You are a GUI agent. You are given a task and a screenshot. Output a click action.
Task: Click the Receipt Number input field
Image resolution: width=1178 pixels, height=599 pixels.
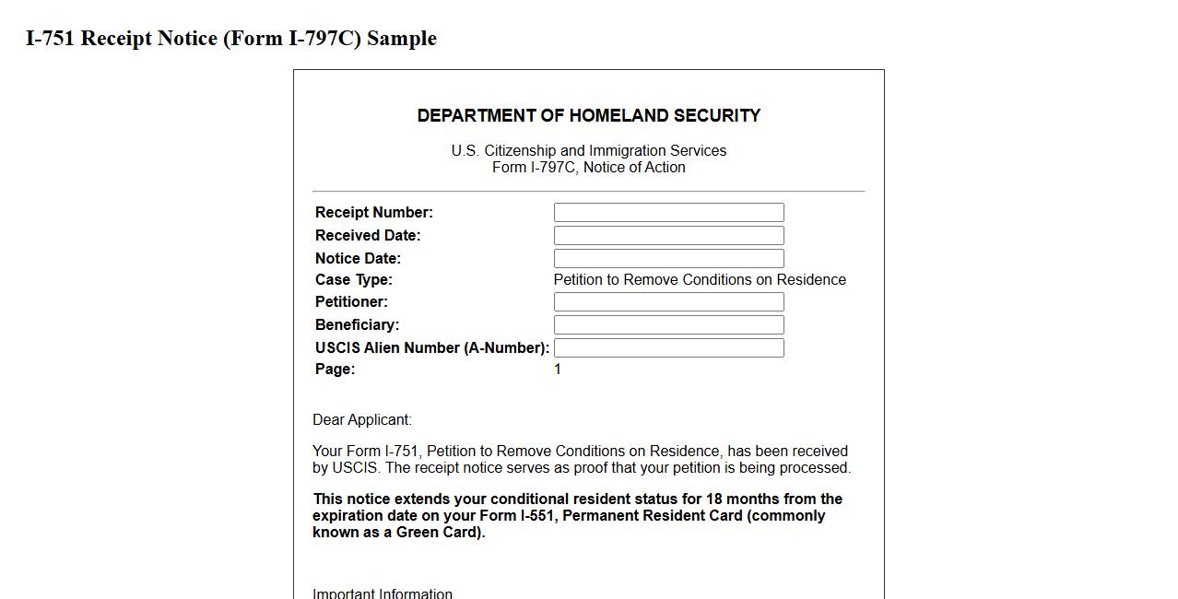coord(668,213)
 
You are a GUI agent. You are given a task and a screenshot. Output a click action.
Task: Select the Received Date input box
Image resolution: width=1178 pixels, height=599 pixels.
coord(668,236)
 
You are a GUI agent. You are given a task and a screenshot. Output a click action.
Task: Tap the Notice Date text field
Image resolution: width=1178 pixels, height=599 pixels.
coord(668,259)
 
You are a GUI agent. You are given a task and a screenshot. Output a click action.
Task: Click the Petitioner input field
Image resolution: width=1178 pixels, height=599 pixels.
coord(668,302)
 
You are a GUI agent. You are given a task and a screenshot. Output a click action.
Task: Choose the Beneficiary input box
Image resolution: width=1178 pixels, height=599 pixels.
coord(668,325)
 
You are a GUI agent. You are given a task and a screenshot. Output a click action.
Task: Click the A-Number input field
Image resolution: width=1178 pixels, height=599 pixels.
coord(668,348)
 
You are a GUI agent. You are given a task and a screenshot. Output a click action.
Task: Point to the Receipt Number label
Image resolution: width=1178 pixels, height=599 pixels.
coord(373,213)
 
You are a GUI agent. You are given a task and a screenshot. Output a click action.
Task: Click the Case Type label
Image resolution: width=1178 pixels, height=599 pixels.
coord(353,280)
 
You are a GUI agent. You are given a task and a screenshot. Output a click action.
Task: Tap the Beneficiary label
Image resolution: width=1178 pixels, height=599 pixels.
coord(357,325)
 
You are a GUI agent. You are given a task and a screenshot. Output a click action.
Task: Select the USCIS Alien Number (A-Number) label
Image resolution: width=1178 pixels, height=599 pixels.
coord(431,348)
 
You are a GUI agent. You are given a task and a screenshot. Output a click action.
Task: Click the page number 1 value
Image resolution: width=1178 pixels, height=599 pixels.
coord(558,370)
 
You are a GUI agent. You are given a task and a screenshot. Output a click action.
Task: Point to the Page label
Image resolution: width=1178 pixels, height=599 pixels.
coord(335,370)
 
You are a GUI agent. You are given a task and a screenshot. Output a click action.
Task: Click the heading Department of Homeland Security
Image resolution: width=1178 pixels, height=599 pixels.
coord(588,116)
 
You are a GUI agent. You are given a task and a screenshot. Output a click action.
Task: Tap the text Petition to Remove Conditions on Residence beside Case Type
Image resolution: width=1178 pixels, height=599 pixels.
coord(700,280)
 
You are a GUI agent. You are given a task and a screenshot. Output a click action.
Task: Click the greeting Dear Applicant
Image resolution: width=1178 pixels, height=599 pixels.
coord(361,420)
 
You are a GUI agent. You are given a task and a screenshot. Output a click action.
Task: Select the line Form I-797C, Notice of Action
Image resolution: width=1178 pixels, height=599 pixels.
coord(588,168)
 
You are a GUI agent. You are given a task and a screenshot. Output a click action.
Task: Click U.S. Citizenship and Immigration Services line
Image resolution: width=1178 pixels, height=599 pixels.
coord(588,151)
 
